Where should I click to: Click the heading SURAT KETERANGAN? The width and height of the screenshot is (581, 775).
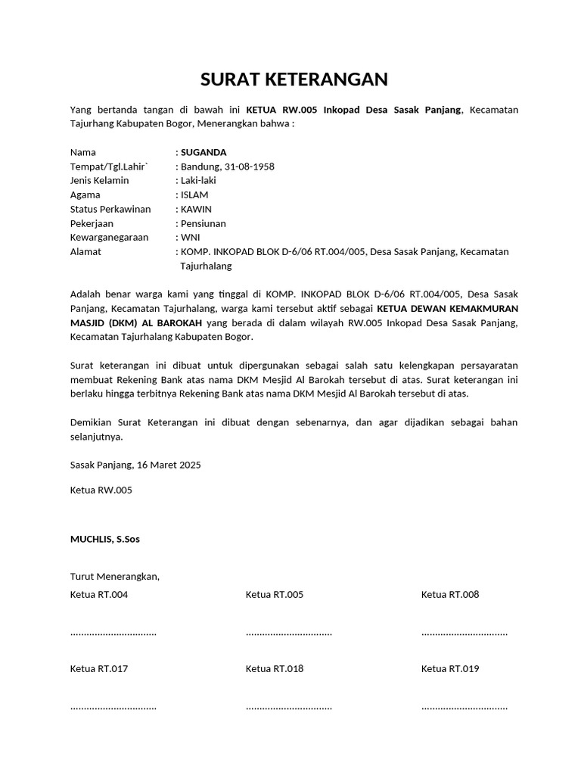tap(294, 79)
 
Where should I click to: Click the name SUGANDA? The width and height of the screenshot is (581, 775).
tap(204, 152)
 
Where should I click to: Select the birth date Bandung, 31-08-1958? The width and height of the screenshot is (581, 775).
tap(226, 167)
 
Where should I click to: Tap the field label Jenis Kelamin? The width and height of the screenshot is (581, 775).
tap(99, 180)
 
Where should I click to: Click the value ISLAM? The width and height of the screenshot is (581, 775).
tap(194, 195)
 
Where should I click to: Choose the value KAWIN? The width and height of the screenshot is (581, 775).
tap(196, 209)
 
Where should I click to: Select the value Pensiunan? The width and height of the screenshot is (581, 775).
tap(203, 223)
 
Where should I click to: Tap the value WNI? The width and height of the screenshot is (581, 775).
tap(190, 237)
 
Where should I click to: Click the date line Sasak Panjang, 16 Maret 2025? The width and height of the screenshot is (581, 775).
tap(135, 464)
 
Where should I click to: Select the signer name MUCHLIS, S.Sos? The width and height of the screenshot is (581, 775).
tap(104, 539)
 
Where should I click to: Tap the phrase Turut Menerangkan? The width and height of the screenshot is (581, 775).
tap(115, 576)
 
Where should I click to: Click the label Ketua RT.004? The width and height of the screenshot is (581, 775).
tap(99, 594)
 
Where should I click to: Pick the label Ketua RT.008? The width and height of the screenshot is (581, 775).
tap(450, 594)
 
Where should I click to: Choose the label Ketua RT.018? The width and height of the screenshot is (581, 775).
tap(275, 668)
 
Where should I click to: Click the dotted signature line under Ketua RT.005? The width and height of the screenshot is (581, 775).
tap(289, 633)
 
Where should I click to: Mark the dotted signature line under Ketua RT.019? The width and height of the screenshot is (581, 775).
tap(464, 707)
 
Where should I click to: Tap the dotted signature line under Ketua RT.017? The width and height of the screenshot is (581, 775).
tap(113, 707)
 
